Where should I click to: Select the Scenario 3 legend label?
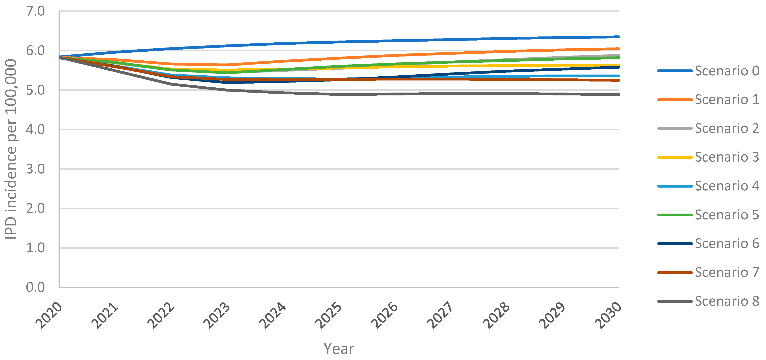(726, 157)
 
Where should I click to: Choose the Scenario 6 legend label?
(726, 243)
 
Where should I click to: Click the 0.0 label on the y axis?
(35, 287)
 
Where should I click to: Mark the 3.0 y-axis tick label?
(35, 169)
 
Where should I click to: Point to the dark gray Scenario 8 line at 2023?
(227, 90)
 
